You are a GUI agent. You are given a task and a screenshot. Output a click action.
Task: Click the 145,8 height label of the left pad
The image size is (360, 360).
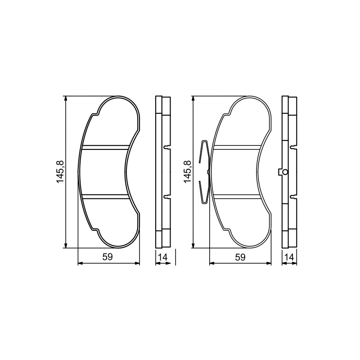[x=60, y=171]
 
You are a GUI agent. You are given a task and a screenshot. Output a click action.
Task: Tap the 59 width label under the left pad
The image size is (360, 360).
[x=108, y=257]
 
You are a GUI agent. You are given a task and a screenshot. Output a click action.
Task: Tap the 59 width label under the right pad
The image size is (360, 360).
[x=240, y=257]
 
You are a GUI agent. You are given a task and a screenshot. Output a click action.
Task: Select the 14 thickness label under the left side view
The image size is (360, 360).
[x=163, y=257]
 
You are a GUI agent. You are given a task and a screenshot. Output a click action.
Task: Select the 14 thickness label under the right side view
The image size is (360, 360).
[x=289, y=257]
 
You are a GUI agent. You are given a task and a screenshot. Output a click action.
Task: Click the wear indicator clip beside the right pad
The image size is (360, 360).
[x=204, y=172]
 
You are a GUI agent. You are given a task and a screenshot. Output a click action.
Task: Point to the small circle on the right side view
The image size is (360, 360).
[x=285, y=172]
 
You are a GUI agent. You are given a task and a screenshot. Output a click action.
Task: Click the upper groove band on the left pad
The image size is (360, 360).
[x=105, y=147]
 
